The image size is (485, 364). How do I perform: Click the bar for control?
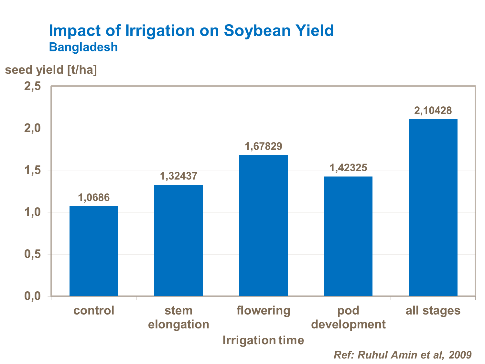[94, 251]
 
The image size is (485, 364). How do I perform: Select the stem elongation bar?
[178, 241]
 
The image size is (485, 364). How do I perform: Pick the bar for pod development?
[348, 236]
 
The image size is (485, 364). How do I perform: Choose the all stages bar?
[433, 208]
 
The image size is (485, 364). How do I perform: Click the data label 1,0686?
[94, 198]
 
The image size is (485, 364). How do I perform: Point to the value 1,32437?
[178, 176]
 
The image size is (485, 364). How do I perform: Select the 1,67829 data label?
[264, 146]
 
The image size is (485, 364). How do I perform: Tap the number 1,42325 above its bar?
[348, 168]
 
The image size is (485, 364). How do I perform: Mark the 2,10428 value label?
[433, 111]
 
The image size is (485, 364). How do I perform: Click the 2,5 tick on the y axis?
[33, 86]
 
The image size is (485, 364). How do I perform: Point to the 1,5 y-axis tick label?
[33, 170]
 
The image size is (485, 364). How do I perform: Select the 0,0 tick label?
[33, 296]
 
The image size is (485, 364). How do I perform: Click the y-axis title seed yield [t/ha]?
[51, 70]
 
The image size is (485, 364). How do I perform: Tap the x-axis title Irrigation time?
[263, 340]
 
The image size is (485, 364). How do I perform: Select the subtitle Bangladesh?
[83, 47]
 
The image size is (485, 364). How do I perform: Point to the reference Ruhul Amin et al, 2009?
[403, 355]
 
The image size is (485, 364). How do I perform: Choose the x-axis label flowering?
[264, 311]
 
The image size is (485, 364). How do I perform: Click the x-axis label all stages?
[433, 311]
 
